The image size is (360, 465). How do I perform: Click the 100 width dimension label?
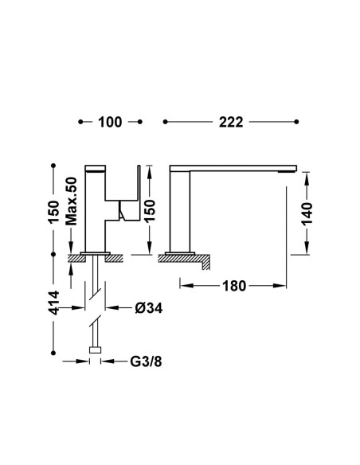(110, 122)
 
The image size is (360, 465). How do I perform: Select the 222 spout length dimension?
(231, 122)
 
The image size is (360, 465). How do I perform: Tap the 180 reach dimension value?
(234, 286)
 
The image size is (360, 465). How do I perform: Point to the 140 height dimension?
(307, 214)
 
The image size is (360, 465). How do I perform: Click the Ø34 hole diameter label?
(149, 308)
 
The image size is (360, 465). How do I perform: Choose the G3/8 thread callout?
(146, 361)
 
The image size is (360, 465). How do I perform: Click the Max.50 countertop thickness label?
(71, 201)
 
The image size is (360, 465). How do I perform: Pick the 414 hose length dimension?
(53, 303)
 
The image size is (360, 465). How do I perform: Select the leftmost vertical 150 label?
(53, 212)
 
